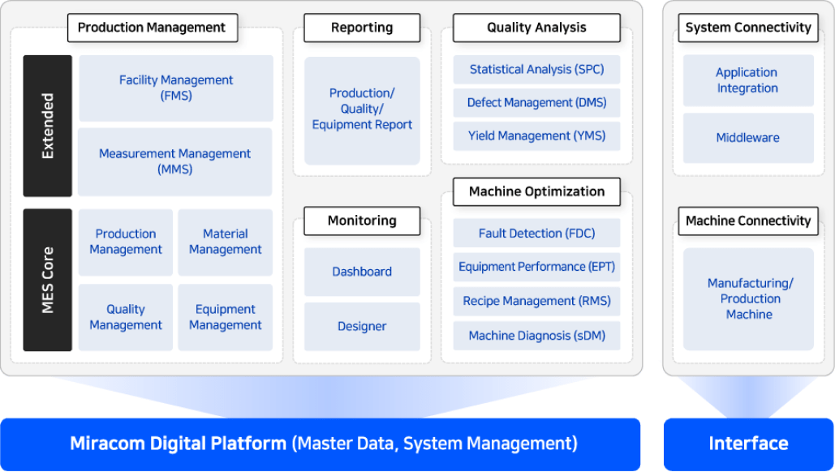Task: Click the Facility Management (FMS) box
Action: click(176, 88)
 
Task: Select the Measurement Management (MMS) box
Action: click(174, 161)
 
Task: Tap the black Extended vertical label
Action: click(47, 127)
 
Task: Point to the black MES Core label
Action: click(47, 280)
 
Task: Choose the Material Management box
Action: click(226, 242)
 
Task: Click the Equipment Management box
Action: click(226, 317)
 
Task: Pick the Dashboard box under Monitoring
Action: click(362, 272)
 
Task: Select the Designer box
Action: click(362, 327)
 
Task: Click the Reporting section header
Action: click(362, 28)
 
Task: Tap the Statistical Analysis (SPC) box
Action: click(537, 70)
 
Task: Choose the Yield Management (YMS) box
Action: click(537, 136)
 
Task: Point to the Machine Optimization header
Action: click(537, 191)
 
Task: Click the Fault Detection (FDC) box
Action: click(537, 233)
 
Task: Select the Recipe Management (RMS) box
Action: click(537, 301)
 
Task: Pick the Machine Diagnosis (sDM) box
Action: click(537, 336)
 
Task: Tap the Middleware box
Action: click(748, 138)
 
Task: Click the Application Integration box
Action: click(748, 80)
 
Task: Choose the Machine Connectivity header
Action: click(748, 221)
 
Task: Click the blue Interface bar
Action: click(748, 444)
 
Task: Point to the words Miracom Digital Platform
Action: click(179, 444)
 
